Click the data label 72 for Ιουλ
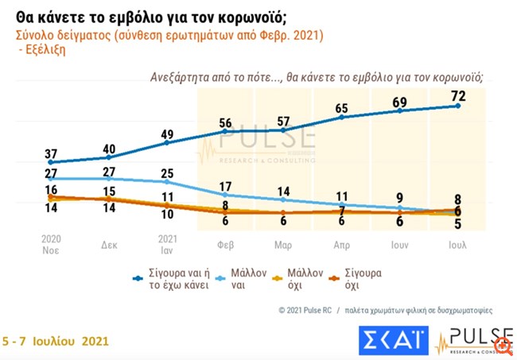(x=458, y=96)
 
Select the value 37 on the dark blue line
(x=50, y=153)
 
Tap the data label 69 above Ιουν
(x=400, y=102)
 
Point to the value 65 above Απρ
(x=341, y=108)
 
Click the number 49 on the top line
(x=166, y=134)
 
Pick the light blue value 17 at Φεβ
(x=225, y=187)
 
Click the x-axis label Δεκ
(x=108, y=244)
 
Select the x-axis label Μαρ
(x=283, y=244)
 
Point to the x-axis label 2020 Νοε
(x=50, y=244)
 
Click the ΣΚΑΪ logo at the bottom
(x=390, y=340)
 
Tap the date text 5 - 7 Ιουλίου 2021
(x=56, y=341)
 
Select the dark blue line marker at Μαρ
(x=283, y=130)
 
